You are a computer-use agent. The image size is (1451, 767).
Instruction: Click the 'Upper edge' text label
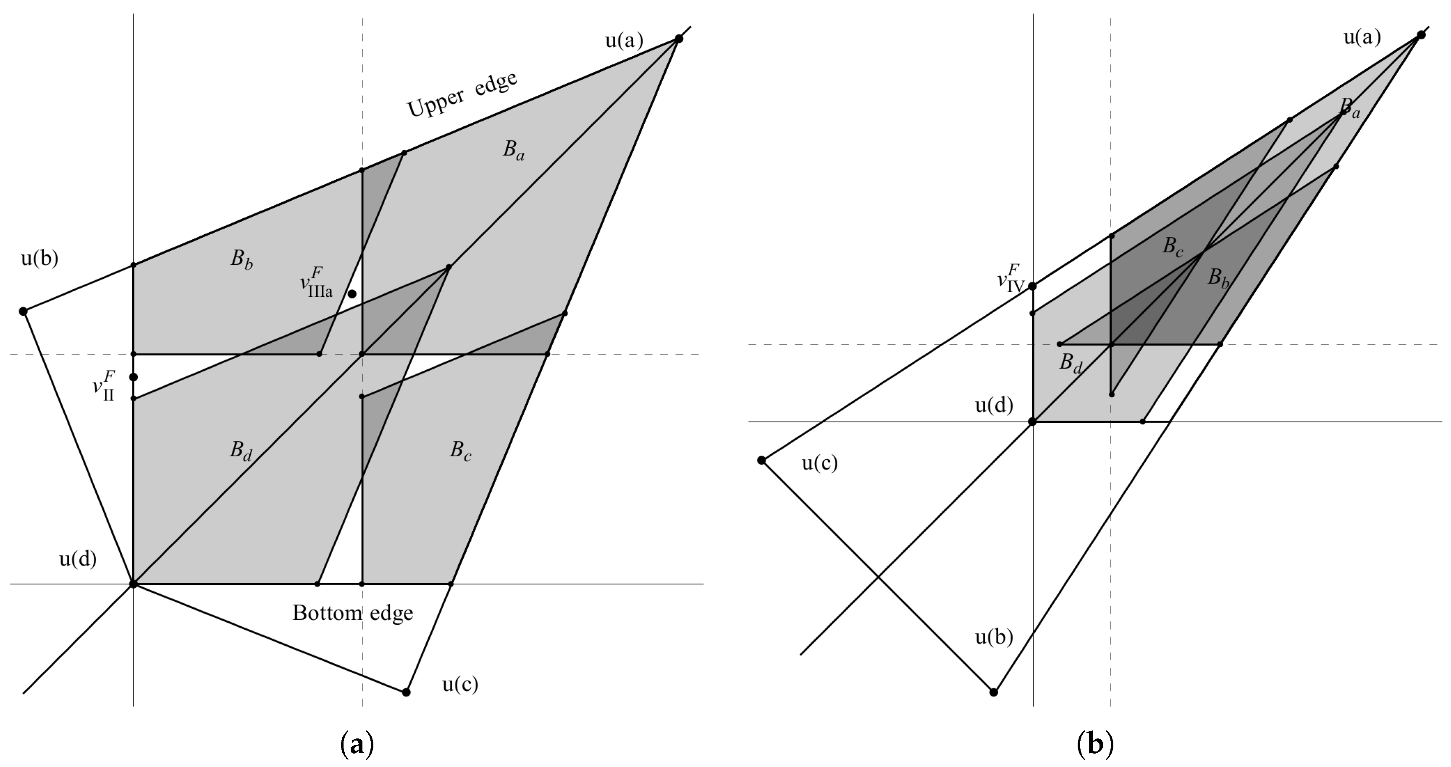pos(462,94)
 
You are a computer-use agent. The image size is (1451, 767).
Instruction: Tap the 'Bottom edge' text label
pos(353,613)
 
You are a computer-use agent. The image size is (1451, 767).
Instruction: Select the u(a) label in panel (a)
pos(624,41)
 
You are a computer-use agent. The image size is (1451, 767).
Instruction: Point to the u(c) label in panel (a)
pos(460,684)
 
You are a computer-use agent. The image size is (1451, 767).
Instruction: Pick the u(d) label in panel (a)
pos(78,559)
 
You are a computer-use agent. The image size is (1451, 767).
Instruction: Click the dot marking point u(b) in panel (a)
pos(23,312)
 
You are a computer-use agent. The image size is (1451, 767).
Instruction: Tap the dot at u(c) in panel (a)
pos(406,692)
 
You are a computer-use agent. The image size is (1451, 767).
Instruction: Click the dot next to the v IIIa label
pos(352,294)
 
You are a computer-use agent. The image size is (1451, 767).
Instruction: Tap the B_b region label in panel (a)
pos(241,260)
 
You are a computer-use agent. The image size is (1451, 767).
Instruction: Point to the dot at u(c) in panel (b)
pos(761,461)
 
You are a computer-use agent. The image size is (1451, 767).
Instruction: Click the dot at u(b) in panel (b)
pos(994,692)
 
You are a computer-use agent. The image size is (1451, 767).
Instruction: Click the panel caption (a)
pos(357,744)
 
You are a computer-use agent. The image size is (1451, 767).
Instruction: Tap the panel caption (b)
pos(1095,744)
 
